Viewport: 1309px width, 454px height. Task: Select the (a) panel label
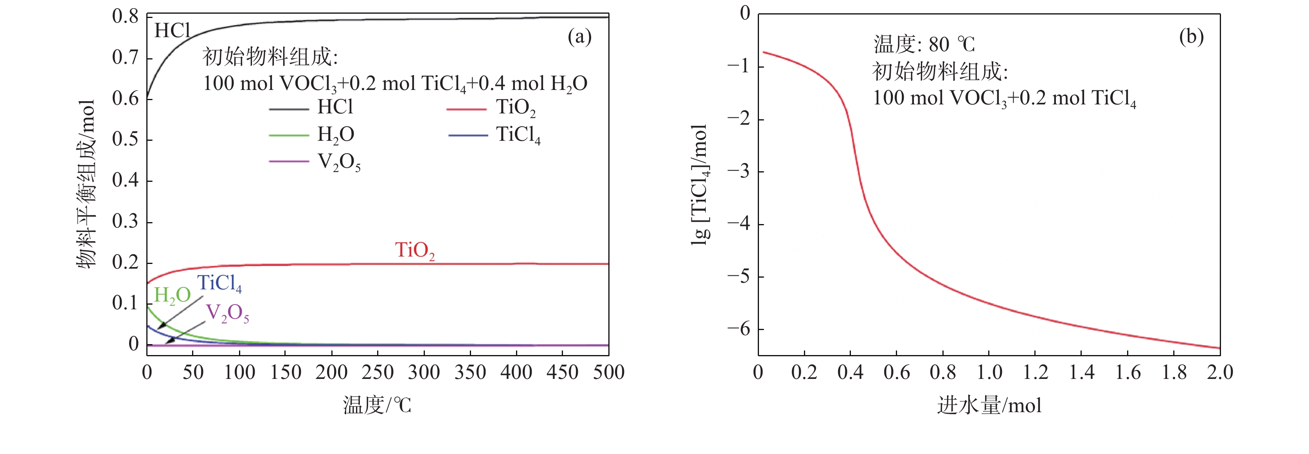coord(579,37)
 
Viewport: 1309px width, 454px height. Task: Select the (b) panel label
coord(1191,37)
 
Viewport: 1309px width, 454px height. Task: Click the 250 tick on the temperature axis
coord(378,372)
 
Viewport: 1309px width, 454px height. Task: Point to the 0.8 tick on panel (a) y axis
coord(125,16)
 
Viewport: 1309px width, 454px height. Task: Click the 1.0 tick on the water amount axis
coord(989,372)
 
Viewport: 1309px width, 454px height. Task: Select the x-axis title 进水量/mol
coord(989,405)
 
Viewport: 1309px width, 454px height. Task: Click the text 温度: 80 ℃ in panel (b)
coord(924,45)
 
